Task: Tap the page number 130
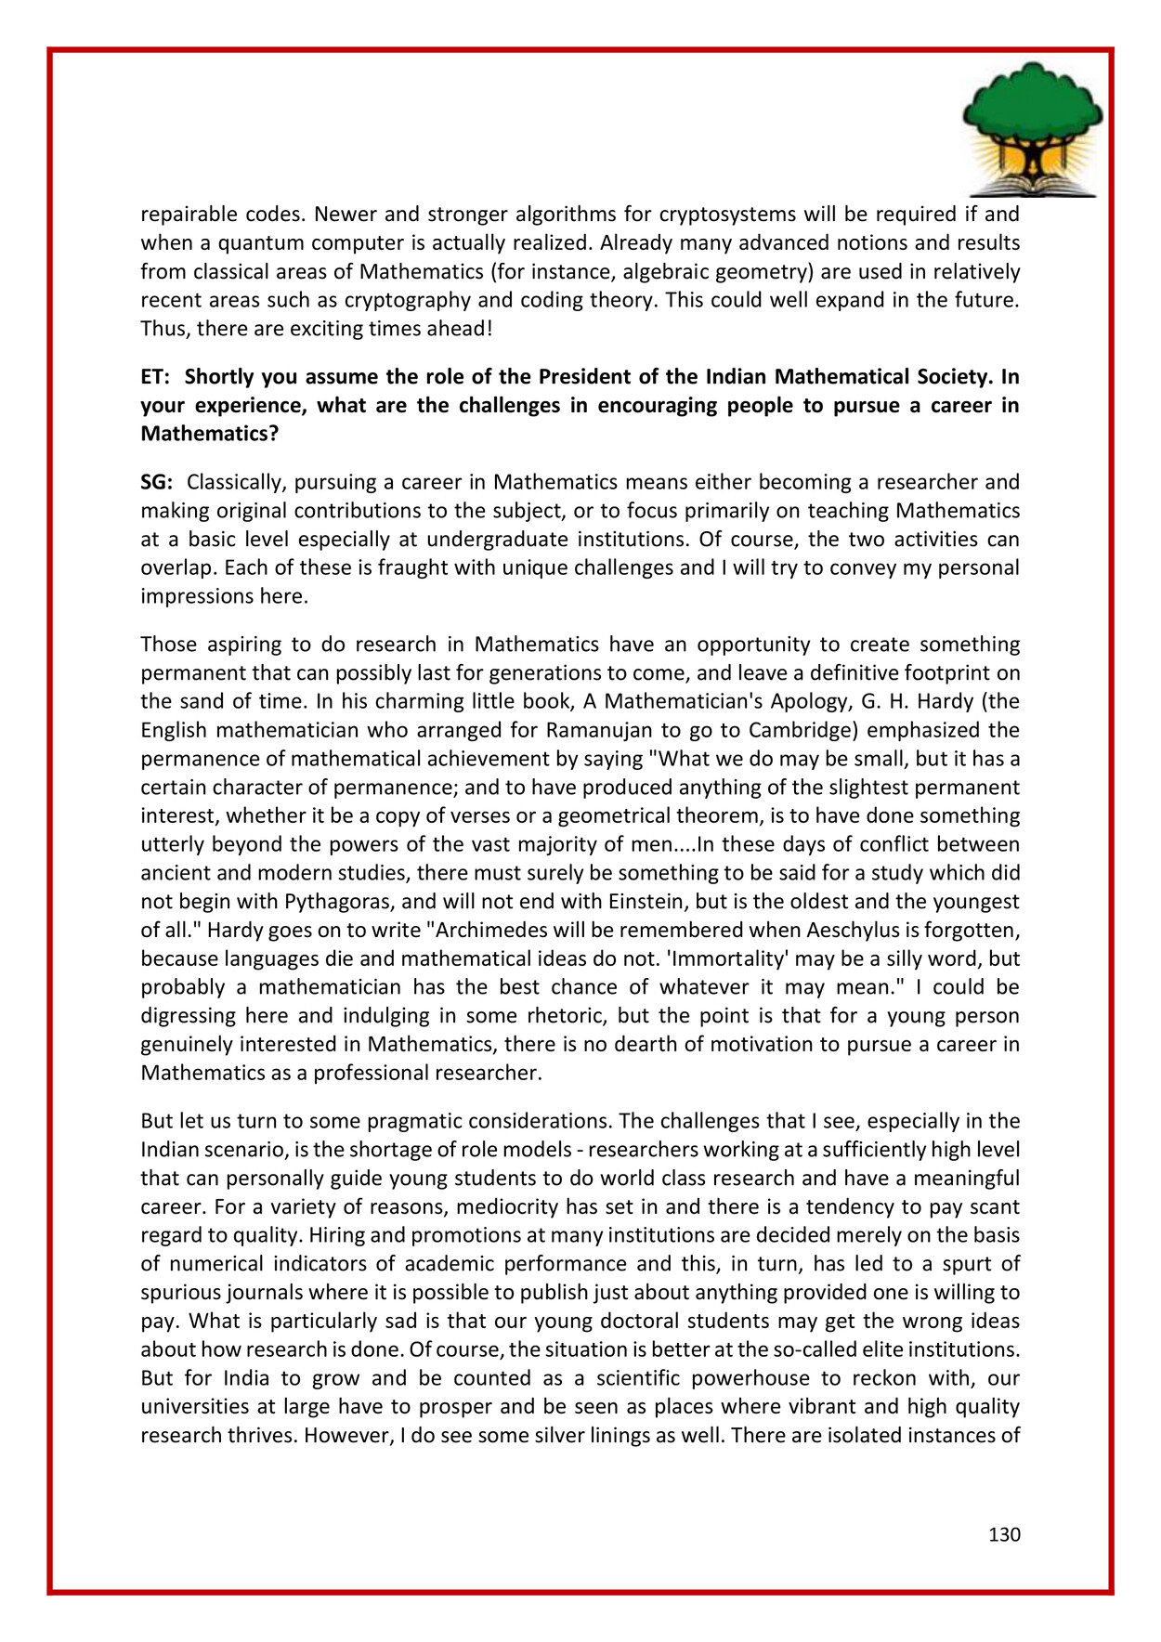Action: [x=1004, y=1534]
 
